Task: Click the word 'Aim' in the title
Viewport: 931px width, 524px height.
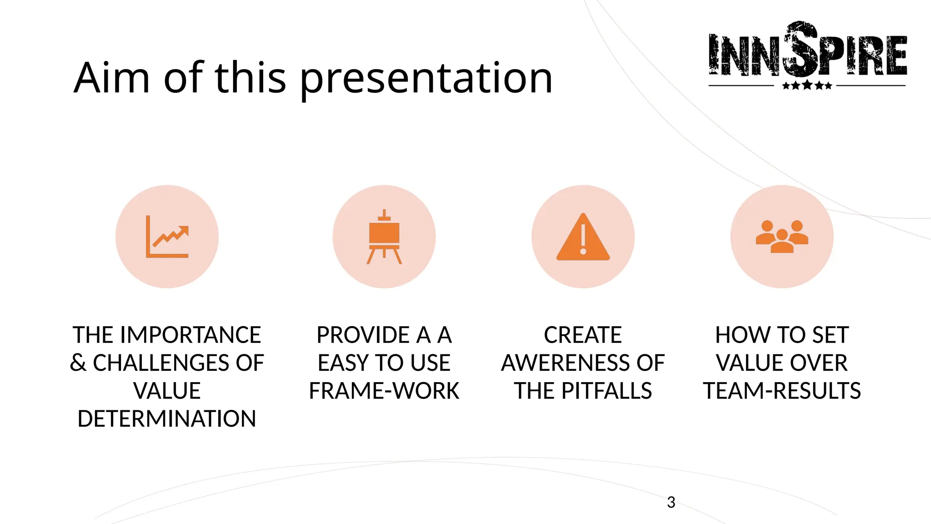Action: coord(112,78)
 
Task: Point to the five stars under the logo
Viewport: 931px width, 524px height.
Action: coord(807,86)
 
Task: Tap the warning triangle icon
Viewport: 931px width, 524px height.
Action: coord(583,237)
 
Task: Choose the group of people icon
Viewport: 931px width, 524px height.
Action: coord(782,236)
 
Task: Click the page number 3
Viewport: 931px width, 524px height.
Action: coord(671,502)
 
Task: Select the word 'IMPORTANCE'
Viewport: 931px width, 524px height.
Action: coord(191,335)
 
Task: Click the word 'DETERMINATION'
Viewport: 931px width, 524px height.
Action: coord(167,419)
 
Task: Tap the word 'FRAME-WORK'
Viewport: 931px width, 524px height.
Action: coord(384,391)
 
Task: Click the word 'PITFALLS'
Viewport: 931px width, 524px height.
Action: coord(606,391)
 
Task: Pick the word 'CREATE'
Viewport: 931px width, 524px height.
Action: coord(583,335)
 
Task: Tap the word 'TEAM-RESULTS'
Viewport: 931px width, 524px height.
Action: coord(782,391)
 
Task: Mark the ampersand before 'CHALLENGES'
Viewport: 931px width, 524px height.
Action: coord(78,363)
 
